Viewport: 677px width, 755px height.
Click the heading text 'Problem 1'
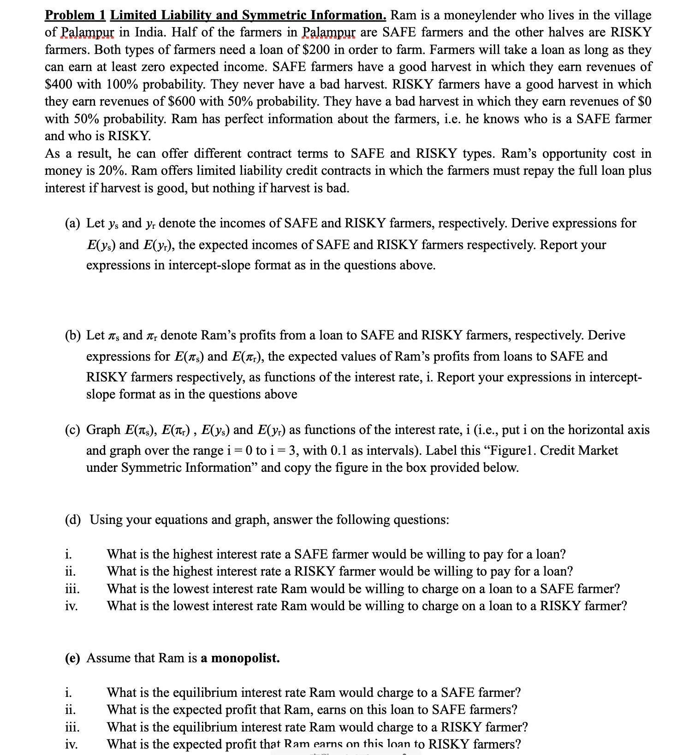pos(75,15)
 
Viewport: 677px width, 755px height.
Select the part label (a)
pos(73,223)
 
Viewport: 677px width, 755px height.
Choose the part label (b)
pos(73,335)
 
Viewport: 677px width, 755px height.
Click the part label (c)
pos(73,430)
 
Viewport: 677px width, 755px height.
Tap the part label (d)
pos(73,520)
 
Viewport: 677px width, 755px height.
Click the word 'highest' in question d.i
pos(194,554)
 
